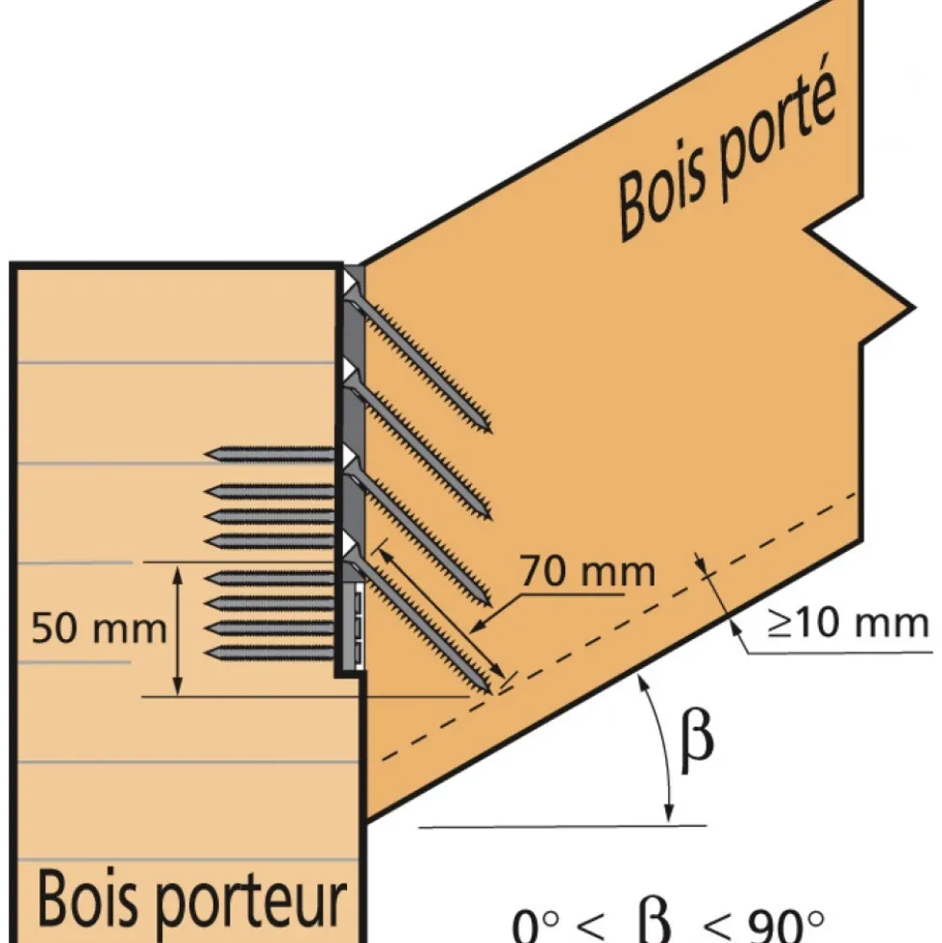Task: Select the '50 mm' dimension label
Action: tap(99, 629)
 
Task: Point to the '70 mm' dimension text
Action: tap(587, 571)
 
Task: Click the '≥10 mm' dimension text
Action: tap(848, 623)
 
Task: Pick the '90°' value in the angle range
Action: tap(785, 926)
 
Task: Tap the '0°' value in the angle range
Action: tap(535, 927)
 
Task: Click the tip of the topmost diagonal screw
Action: tap(489, 431)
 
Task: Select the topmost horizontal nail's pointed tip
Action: tap(207, 455)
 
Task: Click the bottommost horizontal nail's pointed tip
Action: tap(207, 653)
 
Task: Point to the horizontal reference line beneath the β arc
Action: tap(562, 827)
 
